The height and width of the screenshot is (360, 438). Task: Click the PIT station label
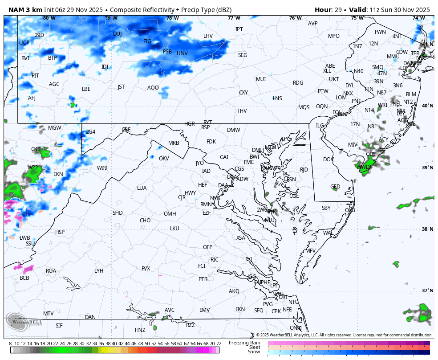(35, 76)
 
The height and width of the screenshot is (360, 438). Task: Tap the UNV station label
(182, 53)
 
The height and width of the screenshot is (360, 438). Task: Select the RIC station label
(215, 260)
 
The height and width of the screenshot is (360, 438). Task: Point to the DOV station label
(328, 160)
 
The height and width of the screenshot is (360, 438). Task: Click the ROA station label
(51, 271)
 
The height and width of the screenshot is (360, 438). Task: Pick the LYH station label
(99, 271)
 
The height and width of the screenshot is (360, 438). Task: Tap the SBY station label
(326, 208)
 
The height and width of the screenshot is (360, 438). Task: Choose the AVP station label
(313, 24)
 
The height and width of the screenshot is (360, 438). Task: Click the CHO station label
(145, 221)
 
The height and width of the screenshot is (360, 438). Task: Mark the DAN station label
(90, 317)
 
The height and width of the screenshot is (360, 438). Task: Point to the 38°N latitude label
(427, 229)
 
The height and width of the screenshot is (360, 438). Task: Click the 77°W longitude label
(234, 18)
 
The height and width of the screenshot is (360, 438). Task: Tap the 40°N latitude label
(427, 106)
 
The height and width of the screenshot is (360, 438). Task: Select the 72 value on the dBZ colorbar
(219, 344)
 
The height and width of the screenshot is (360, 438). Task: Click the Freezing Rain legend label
(244, 343)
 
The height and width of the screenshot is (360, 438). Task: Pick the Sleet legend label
(254, 347)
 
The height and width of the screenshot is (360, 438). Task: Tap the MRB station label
(174, 143)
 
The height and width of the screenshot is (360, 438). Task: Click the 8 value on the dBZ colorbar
(10, 344)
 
